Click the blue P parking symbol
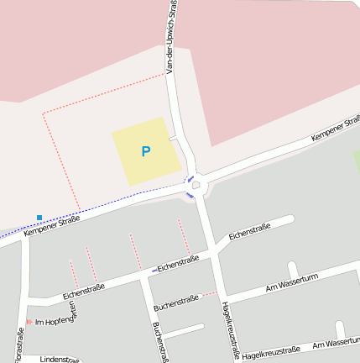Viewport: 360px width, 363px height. point(145,152)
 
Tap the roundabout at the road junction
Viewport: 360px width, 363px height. point(195,185)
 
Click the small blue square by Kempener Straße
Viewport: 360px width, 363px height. point(39,218)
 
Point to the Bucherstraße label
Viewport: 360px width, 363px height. point(176,298)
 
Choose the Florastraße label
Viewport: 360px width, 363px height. point(19,345)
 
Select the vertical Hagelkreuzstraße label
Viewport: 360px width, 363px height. point(228,330)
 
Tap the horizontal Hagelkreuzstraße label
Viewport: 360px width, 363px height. point(270,352)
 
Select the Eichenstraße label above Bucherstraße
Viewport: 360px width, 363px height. point(177,263)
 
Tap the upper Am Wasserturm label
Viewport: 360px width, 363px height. point(293,284)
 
